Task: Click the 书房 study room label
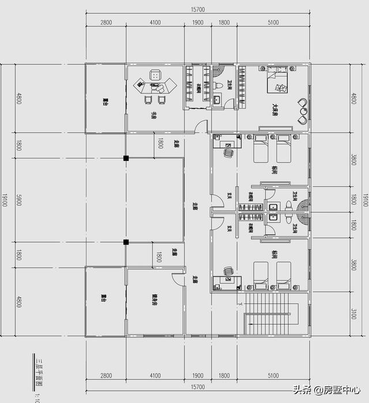(153, 115)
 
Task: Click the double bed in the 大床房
(276, 80)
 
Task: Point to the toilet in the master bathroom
(217, 85)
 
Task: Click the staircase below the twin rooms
(270, 320)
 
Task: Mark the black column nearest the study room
(125, 157)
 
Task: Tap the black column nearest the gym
(125, 243)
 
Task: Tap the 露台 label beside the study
(105, 102)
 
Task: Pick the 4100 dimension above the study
(155, 22)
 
